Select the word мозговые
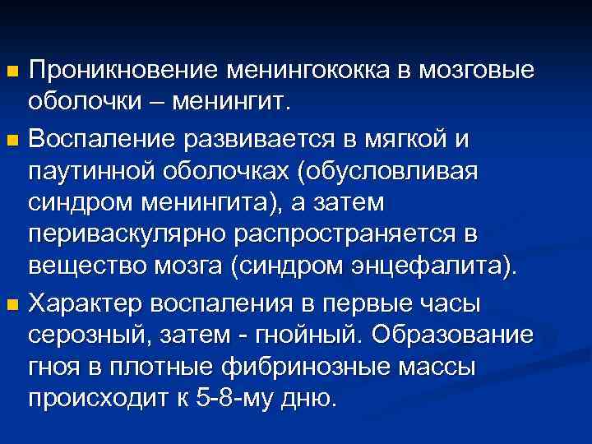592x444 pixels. coord(478,72)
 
